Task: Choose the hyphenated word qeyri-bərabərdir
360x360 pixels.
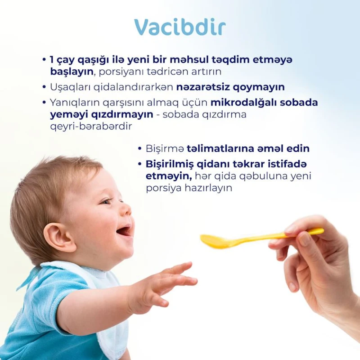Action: [91, 126]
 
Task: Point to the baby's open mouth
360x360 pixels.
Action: [124, 231]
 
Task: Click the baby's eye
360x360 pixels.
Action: [107, 202]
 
